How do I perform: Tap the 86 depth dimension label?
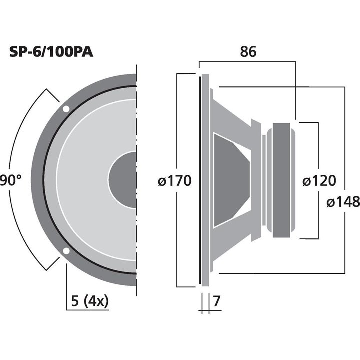click(x=248, y=52)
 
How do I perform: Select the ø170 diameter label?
click(x=174, y=181)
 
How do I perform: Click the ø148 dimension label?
click(x=343, y=202)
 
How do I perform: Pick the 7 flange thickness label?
click(x=216, y=302)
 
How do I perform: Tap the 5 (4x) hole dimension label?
click(x=90, y=301)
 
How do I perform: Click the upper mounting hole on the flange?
click(x=66, y=109)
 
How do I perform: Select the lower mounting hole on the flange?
click(x=66, y=251)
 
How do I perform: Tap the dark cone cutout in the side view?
click(x=230, y=180)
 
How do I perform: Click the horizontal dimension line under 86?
click(x=248, y=62)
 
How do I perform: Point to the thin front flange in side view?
click(x=202, y=180)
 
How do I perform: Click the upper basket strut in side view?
click(x=235, y=112)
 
